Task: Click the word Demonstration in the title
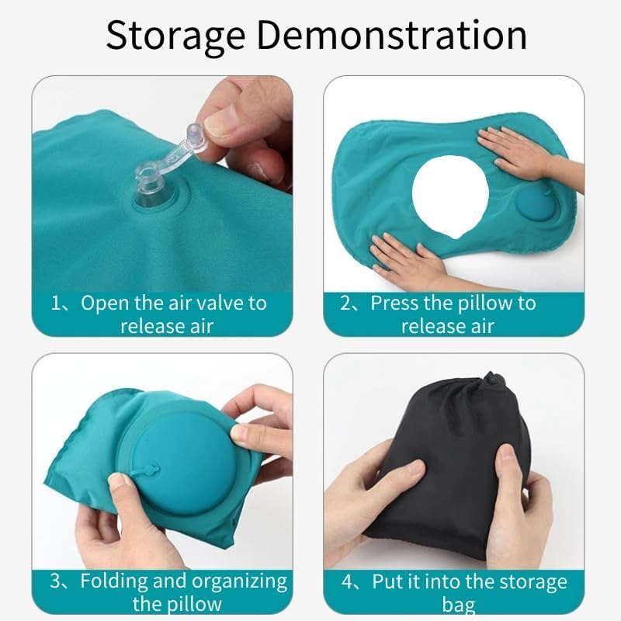click(392, 35)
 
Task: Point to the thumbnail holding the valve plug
click(219, 121)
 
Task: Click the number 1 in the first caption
click(56, 304)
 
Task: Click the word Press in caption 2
click(394, 304)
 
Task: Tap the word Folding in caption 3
click(114, 581)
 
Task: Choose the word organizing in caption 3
click(239, 581)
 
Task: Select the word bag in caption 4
click(459, 605)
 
